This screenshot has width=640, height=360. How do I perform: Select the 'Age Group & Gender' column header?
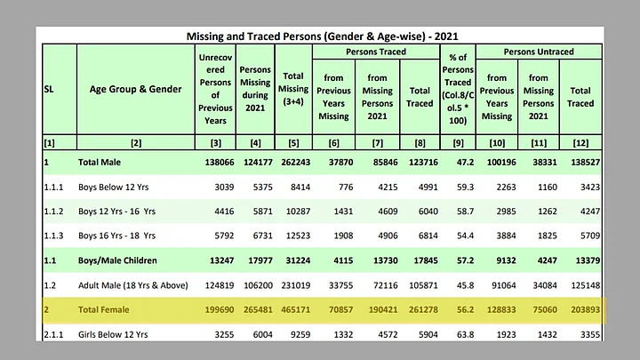tap(136, 89)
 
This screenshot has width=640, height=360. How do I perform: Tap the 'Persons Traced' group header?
tap(374, 52)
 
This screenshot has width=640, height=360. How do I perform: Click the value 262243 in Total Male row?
tap(292, 162)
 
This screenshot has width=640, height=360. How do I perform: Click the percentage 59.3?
tap(460, 187)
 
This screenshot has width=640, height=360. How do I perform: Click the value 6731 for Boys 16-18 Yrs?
tap(255, 236)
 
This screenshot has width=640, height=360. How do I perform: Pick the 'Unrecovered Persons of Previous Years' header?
tap(214, 89)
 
